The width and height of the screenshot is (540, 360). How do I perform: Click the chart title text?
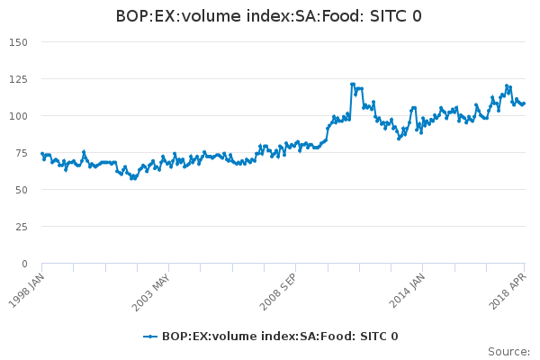pos(269,16)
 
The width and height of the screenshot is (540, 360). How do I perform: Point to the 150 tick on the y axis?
pos(18,42)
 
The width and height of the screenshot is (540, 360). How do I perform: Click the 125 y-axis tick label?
pos(18,79)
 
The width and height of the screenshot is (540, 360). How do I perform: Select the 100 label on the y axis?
pos(18,116)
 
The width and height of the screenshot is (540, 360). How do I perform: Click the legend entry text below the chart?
pos(280,337)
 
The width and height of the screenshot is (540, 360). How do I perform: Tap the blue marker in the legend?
pos(151,337)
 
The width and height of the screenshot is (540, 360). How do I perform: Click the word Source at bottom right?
pos(508,352)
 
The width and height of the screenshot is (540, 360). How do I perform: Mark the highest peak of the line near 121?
pos(352,85)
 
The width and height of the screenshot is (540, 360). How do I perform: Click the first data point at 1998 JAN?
pos(42,154)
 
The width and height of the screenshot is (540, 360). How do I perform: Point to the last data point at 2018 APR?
pos(524,103)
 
